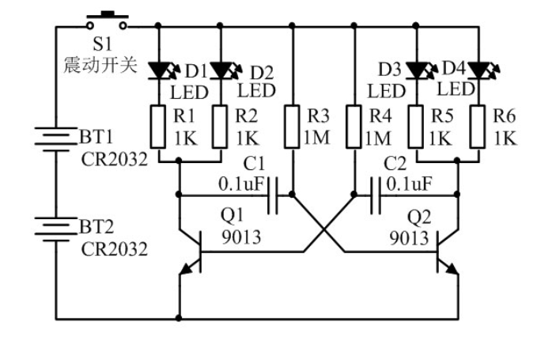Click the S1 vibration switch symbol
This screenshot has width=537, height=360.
point(108,21)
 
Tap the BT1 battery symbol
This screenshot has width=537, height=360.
point(56,138)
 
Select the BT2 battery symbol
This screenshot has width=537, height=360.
point(56,229)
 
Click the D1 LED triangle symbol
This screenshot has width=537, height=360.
point(158,70)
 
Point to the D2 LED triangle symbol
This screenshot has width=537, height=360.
point(220,70)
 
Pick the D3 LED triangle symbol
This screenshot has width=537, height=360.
point(416,70)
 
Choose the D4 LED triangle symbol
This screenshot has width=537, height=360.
point(478,70)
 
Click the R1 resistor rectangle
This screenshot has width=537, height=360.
point(158,127)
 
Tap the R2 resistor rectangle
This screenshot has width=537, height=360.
point(220,127)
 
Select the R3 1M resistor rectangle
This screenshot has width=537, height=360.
point(292,127)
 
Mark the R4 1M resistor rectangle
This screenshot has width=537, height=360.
point(354,127)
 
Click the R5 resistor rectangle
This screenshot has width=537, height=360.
point(416,127)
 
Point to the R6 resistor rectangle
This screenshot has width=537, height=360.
point(478,127)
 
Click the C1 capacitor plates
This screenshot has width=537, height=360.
point(273,195)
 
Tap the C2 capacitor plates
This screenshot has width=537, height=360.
point(376,195)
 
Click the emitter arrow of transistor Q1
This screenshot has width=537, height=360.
point(187,269)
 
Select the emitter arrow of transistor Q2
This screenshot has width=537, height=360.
point(452,269)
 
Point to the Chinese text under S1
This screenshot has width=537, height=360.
point(100,64)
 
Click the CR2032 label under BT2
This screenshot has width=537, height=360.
point(115,249)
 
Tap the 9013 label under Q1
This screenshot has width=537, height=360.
point(241,237)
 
